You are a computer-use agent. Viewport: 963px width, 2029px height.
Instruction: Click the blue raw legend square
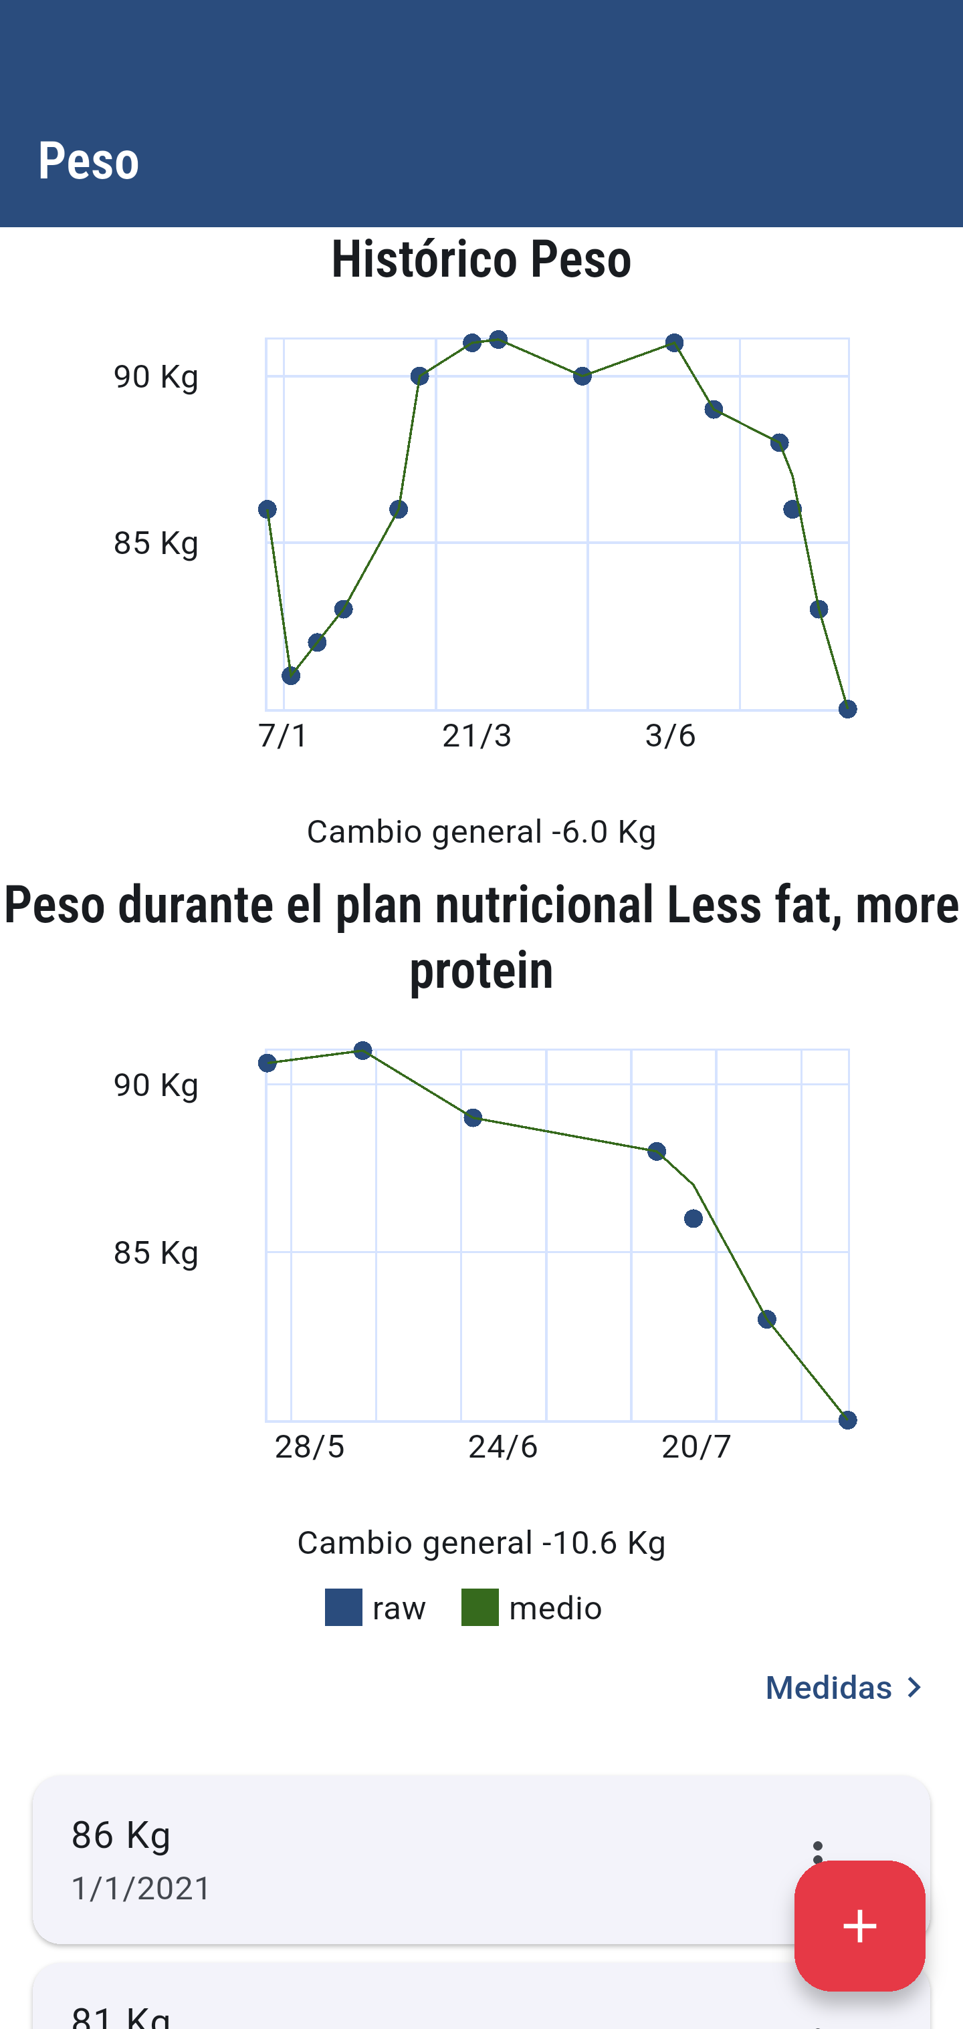pos(344,1607)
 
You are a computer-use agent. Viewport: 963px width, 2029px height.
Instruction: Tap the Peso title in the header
pos(88,160)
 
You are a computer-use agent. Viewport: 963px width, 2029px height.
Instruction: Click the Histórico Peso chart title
pos(481,259)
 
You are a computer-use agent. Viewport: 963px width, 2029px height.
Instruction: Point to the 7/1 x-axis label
pos(283,736)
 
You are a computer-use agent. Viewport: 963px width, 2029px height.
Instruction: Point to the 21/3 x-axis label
pos(477,736)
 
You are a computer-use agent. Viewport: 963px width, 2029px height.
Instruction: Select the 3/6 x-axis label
pos(670,736)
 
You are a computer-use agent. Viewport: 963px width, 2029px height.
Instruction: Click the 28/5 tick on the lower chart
pos(309,1446)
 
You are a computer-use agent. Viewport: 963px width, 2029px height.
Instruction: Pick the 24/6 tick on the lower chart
pos(503,1446)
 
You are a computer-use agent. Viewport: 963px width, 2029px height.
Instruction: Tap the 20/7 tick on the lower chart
pos(696,1446)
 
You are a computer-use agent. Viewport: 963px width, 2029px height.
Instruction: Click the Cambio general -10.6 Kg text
pos(481,1542)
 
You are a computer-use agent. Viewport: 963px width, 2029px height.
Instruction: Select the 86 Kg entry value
pos(121,1835)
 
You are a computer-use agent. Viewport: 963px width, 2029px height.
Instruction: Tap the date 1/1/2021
pos(141,1888)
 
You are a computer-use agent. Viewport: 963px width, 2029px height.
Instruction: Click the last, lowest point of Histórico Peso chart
pos(847,709)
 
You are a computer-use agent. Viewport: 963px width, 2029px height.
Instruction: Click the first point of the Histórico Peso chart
pos(267,510)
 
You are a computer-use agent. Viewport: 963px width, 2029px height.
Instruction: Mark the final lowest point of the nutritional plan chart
pos(847,1419)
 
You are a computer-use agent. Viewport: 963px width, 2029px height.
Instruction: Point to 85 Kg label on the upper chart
pos(156,543)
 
